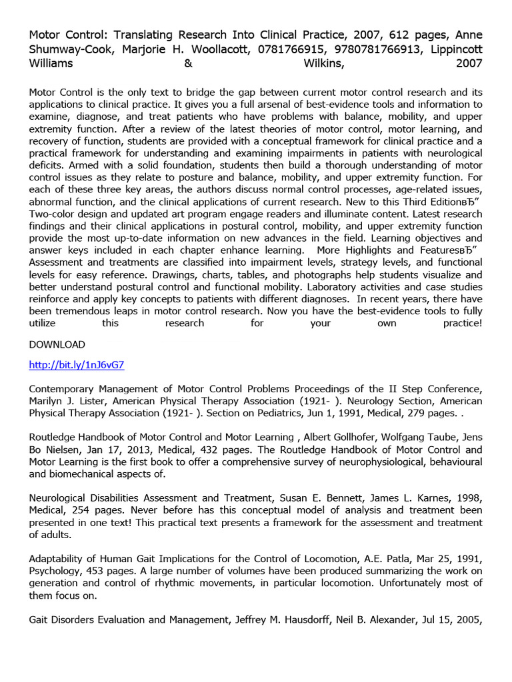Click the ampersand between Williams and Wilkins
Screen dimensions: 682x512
(185, 64)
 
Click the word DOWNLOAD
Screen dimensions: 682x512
(57, 344)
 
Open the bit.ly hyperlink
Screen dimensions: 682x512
(77, 366)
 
